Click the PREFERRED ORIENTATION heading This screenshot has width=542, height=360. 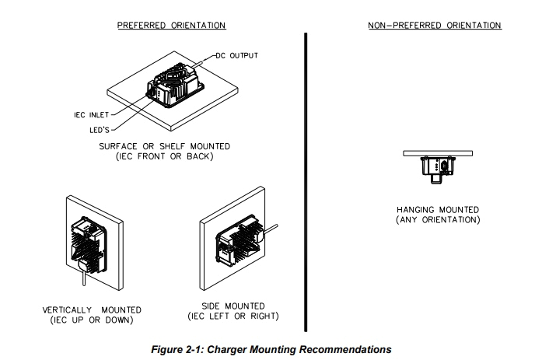point(171,26)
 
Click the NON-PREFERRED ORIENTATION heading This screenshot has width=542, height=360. point(434,26)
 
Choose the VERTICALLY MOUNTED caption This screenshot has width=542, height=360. point(92,310)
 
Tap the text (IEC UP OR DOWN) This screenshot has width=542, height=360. point(92,320)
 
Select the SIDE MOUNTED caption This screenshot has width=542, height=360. point(233,306)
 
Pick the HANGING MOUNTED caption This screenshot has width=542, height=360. point(437,210)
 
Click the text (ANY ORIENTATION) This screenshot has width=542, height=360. point(437,219)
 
